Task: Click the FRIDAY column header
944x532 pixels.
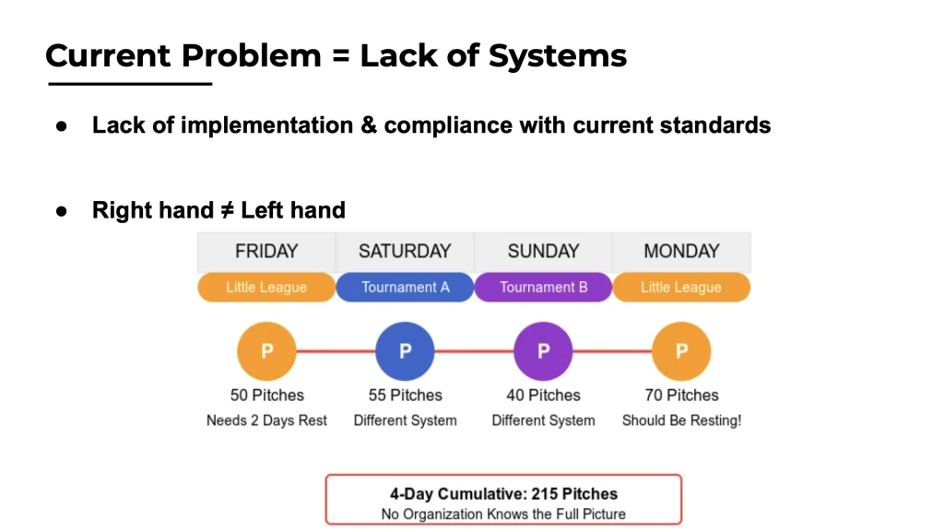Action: tap(266, 252)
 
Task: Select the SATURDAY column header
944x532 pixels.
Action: tap(405, 252)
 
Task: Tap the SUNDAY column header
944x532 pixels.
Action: tap(543, 252)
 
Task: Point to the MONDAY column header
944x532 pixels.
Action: tap(681, 252)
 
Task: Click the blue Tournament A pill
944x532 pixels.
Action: tap(405, 287)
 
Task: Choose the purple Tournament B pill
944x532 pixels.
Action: tap(543, 287)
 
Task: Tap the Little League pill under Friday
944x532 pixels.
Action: tap(266, 287)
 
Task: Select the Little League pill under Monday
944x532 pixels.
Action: tap(681, 287)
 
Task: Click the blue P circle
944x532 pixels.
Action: tap(405, 351)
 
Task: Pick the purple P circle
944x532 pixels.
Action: tap(543, 351)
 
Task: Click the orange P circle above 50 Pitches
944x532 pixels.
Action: tap(266, 351)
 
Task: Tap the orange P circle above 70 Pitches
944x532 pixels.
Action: tap(681, 351)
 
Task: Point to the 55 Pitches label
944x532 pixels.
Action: tap(406, 396)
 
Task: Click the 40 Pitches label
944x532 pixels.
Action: tap(543, 396)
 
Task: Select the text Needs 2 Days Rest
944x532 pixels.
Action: tap(266, 420)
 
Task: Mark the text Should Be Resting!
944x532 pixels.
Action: tap(681, 420)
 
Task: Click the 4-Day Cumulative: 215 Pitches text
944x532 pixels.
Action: tap(504, 493)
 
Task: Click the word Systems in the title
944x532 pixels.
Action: tap(558, 56)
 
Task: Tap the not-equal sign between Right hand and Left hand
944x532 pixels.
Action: tap(227, 210)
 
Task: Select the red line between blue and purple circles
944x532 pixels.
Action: tap(474, 351)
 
